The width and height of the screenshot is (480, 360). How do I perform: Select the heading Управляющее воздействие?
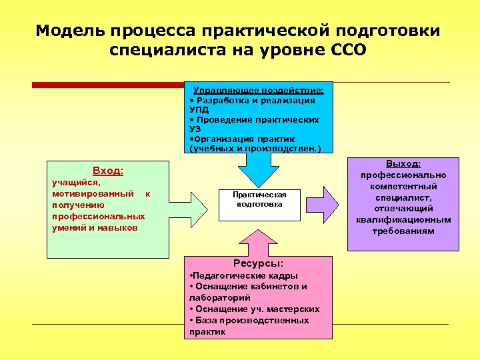point(259,90)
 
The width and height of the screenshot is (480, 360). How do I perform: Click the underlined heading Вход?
point(107,171)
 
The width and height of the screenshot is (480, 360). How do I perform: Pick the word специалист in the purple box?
point(403,198)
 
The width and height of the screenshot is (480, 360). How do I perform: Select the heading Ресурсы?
point(258,263)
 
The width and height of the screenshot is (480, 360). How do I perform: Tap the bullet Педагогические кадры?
point(245,275)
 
